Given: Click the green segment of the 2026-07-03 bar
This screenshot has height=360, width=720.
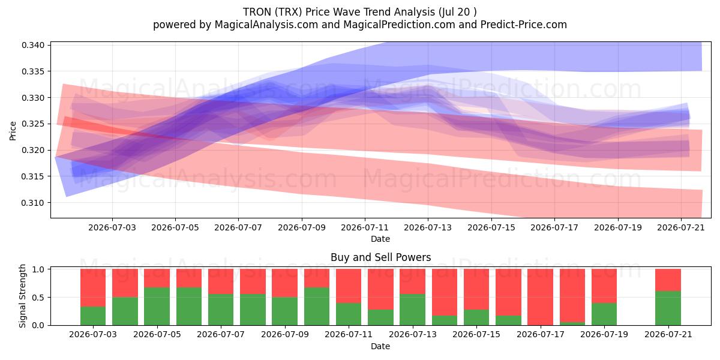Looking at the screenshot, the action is click(x=93, y=316).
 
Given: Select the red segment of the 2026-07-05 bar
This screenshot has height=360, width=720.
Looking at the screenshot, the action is click(x=157, y=278).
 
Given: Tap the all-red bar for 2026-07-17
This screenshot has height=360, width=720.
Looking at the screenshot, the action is click(x=541, y=297).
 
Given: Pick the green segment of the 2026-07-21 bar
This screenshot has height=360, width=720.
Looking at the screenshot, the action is click(x=668, y=308).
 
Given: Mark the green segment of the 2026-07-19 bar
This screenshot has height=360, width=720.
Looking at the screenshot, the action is click(x=604, y=314).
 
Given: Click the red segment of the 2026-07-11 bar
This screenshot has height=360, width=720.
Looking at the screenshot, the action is click(x=349, y=286).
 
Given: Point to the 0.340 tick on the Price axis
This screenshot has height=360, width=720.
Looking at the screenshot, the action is click(x=49, y=45).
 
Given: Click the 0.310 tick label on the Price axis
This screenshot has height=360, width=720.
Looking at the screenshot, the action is click(x=33, y=203).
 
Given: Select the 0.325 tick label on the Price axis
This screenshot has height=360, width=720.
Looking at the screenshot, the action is click(x=33, y=124).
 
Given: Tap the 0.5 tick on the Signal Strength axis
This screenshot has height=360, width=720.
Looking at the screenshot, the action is click(x=49, y=298).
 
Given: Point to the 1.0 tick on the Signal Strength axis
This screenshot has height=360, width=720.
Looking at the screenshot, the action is click(x=49, y=269).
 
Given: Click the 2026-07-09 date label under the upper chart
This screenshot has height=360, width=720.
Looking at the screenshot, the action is click(x=301, y=227).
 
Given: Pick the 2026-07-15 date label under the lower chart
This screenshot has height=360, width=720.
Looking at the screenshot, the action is click(x=476, y=334).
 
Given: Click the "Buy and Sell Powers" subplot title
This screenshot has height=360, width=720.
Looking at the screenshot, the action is click(x=380, y=257).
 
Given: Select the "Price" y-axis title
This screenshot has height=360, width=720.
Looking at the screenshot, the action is click(x=13, y=131).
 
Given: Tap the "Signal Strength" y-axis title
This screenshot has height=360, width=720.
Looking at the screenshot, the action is click(x=22, y=296).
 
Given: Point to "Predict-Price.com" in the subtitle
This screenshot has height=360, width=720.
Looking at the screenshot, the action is click(x=524, y=25).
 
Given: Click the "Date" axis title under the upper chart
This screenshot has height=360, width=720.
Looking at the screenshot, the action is click(x=380, y=239).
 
